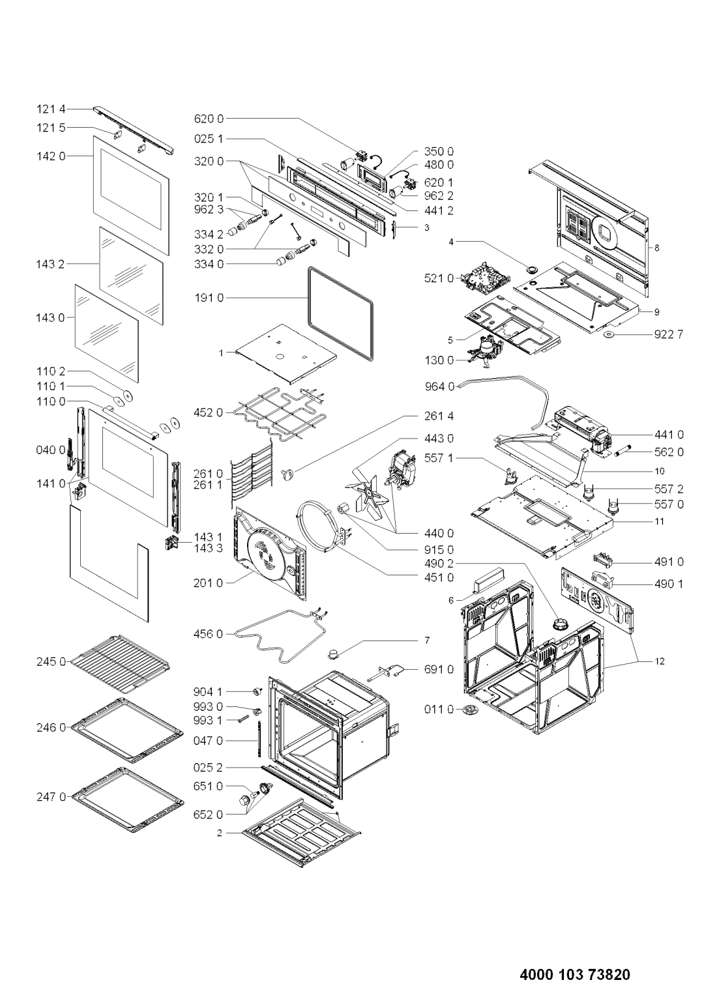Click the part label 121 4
pos(50,109)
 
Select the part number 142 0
pos(50,156)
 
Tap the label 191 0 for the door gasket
pos(209,298)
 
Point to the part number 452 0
pos(209,412)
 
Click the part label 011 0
pos(439,709)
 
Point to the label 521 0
pos(439,278)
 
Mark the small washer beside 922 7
pos(610,335)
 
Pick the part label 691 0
pos(439,669)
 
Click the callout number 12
pos(660,662)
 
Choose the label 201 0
pos(209,583)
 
